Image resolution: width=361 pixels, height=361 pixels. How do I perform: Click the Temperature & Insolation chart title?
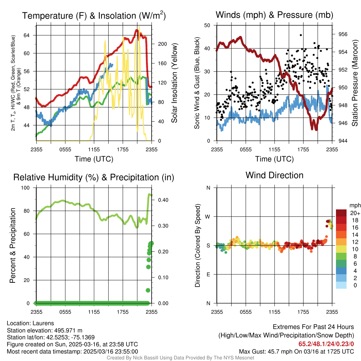tap(94, 16)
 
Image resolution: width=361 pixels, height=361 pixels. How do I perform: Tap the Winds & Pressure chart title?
tap(274, 15)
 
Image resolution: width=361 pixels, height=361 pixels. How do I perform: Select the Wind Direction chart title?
tap(274, 175)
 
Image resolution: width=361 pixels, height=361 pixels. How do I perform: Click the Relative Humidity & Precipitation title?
tap(94, 177)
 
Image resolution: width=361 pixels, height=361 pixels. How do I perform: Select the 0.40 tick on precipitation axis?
tap(162, 200)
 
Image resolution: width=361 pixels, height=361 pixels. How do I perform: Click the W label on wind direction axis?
tap(208, 216)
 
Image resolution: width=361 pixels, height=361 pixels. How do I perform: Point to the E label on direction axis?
tap(208, 274)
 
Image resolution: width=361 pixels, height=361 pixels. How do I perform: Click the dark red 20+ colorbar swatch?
tap(341, 213)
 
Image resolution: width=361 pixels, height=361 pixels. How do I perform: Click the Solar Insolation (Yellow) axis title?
tap(174, 83)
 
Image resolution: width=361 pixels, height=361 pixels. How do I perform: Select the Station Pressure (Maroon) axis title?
tap(355, 83)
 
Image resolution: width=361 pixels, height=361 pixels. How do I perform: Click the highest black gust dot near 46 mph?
tap(301, 35)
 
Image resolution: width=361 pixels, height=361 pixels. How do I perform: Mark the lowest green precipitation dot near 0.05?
tap(148, 290)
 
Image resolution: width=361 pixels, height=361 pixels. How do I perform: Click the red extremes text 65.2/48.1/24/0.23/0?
tap(326, 344)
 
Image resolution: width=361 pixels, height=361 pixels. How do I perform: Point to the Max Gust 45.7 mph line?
tap(296, 351)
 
